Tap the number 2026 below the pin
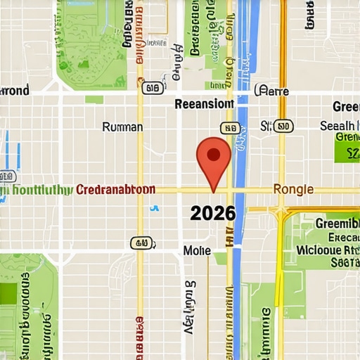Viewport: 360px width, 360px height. [212, 213]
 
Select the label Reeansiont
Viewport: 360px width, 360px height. [204, 104]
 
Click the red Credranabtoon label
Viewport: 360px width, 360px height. [115, 191]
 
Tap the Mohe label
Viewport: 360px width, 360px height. [197, 250]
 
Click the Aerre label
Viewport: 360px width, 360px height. [274, 90]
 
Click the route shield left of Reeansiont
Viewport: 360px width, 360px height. [152, 89]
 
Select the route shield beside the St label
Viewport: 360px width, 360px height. [283, 127]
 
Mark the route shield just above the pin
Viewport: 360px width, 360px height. [229, 128]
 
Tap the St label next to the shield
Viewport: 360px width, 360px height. [266, 127]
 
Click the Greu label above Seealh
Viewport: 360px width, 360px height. [346, 107]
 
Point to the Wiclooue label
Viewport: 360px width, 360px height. [328, 249]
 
